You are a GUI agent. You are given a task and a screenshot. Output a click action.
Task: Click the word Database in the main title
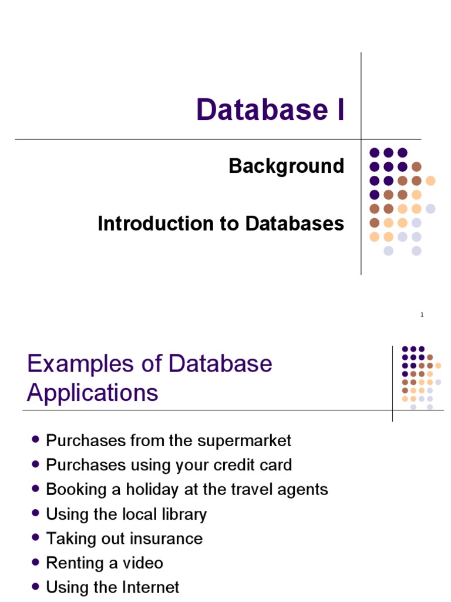[x=261, y=110]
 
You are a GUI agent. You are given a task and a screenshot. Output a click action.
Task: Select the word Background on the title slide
[x=287, y=166]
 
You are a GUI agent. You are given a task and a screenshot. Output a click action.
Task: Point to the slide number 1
[x=422, y=315]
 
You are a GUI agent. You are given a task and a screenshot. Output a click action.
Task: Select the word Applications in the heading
[x=93, y=392]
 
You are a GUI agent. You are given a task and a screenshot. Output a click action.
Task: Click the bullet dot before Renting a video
[x=36, y=563]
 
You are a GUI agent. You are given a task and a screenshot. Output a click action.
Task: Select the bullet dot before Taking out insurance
[x=36, y=538]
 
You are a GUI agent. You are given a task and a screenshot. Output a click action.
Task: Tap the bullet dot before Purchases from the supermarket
[x=36, y=440]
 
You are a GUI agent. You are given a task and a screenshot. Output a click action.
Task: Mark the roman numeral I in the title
[x=339, y=110]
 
